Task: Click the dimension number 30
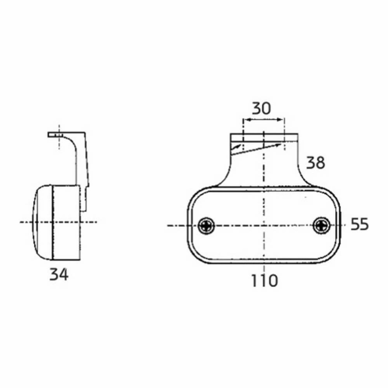tap(261, 108)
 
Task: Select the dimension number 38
tap(316, 163)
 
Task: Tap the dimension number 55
tap(360, 224)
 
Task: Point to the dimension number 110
tap(264, 281)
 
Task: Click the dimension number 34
tap(59, 274)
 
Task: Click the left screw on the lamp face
tap(207, 225)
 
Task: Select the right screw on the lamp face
tap(322, 225)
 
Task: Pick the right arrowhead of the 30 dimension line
tap(280, 120)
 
